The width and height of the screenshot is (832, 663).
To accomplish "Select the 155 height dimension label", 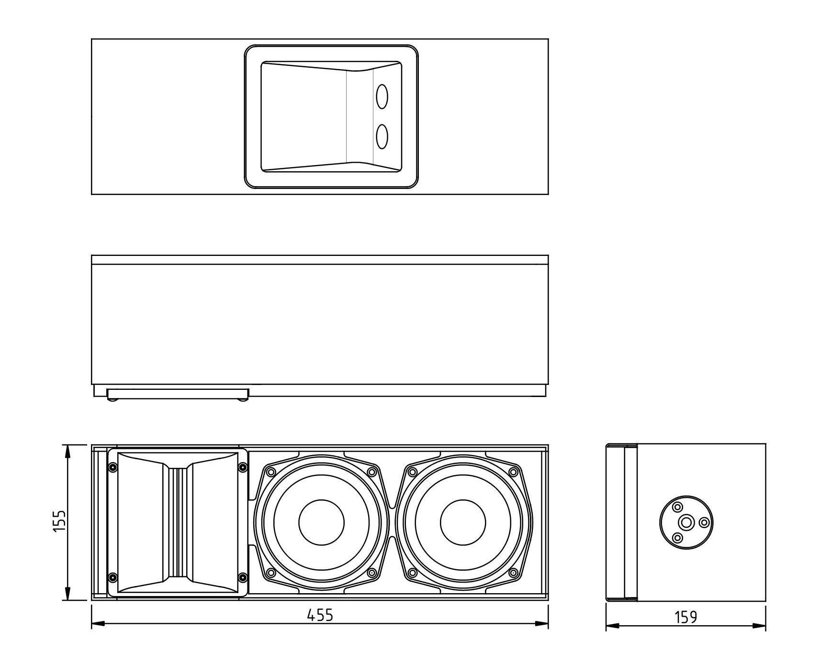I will pyautogui.click(x=59, y=521).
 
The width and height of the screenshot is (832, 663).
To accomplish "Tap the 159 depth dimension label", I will pyautogui.click(x=686, y=617).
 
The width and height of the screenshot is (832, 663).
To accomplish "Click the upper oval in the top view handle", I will pyautogui.click(x=382, y=97).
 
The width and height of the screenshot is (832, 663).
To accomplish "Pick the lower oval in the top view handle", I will pyautogui.click(x=382, y=136).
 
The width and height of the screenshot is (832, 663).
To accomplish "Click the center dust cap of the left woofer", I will pyautogui.click(x=321, y=522).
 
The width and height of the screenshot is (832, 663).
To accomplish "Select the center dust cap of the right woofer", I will pyautogui.click(x=463, y=522).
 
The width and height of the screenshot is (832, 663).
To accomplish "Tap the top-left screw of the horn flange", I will pyautogui.click(x=112, y=467).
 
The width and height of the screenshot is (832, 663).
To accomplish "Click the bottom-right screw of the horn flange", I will pyautogui.click(x=242, y=577).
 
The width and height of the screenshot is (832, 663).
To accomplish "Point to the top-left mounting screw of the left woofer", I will pyautogui.click(x=271, y=472).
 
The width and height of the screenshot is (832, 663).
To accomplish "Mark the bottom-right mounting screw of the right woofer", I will pyautogui.click(x=513, y=573).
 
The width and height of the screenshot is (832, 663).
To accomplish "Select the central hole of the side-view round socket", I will pyautogui.click(x=686, y=522).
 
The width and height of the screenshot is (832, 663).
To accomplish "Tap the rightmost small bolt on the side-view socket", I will pyautogui.click(x=704, y=522).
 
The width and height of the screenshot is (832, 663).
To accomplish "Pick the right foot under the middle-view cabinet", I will pyautogui.click(x=243, y=399).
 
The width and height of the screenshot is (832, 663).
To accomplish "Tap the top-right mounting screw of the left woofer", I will pyautogui.click(x=371, y=472).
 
